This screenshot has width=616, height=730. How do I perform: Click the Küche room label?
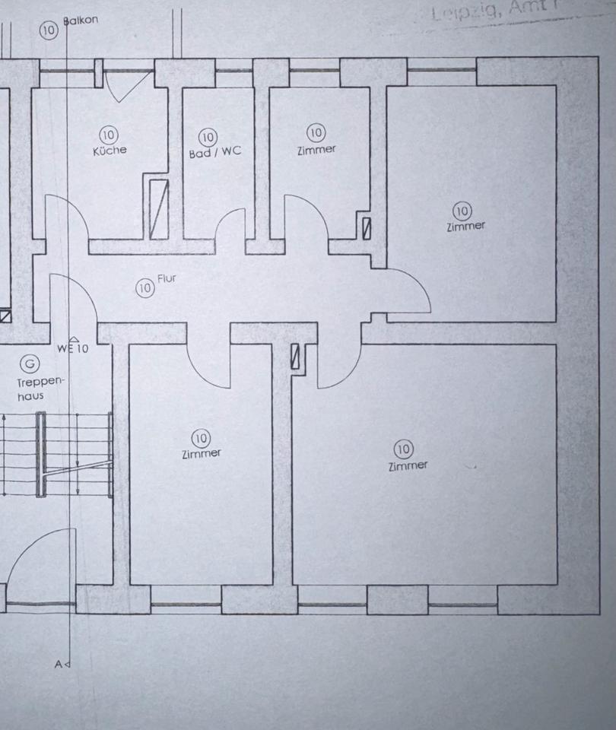point(110,151)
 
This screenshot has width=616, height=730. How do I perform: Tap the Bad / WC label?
point(214,152)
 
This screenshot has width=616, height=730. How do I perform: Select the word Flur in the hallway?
point(167,279)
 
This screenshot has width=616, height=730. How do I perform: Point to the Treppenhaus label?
point(32,389)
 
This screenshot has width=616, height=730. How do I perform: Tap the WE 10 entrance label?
point(72,349)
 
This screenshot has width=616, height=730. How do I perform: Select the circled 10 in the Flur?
point(144,288)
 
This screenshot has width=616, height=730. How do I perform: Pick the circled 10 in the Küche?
point(109,135)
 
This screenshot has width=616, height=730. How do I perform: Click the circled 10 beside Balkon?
point(49,30)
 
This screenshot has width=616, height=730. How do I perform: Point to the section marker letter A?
point(59,664)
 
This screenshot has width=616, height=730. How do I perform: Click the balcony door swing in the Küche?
point(122,87)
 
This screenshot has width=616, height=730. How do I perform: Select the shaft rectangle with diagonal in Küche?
point(157,208)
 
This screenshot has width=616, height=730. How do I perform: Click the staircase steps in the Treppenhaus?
point(76,455)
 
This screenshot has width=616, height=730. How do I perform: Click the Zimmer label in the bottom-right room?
point(408,465)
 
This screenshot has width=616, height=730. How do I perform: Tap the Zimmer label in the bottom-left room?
point(202,454)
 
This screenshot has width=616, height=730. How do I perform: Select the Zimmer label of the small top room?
point(316,150)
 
